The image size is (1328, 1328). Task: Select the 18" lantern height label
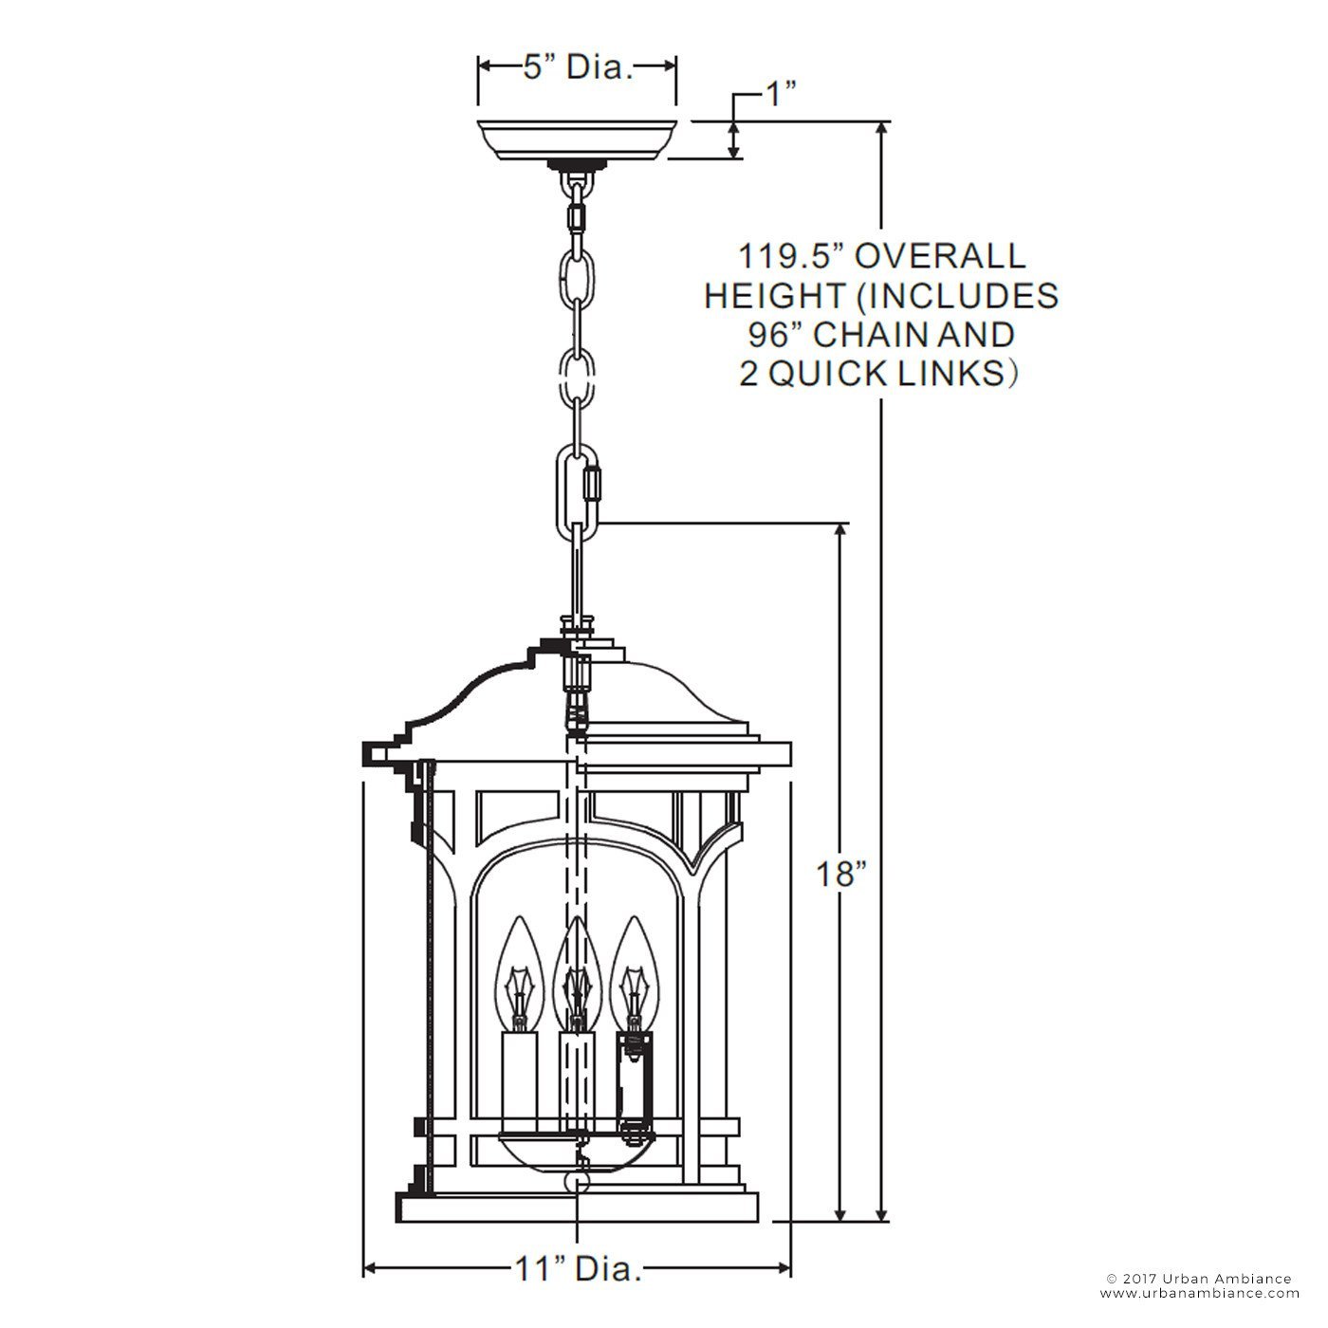[x=840, y=875]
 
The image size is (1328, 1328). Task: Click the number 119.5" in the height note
[x=790, y=256]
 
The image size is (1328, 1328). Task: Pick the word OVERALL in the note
[x=940, y=256]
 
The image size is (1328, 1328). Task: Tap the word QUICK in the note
[x=821, y=374]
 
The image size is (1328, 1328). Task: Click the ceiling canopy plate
[x=577, y=140]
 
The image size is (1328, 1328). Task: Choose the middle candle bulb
[x=577, y=976]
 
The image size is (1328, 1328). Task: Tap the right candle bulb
[x=635, y=976]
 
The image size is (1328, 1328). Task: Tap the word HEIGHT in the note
[x=774, y=296]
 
